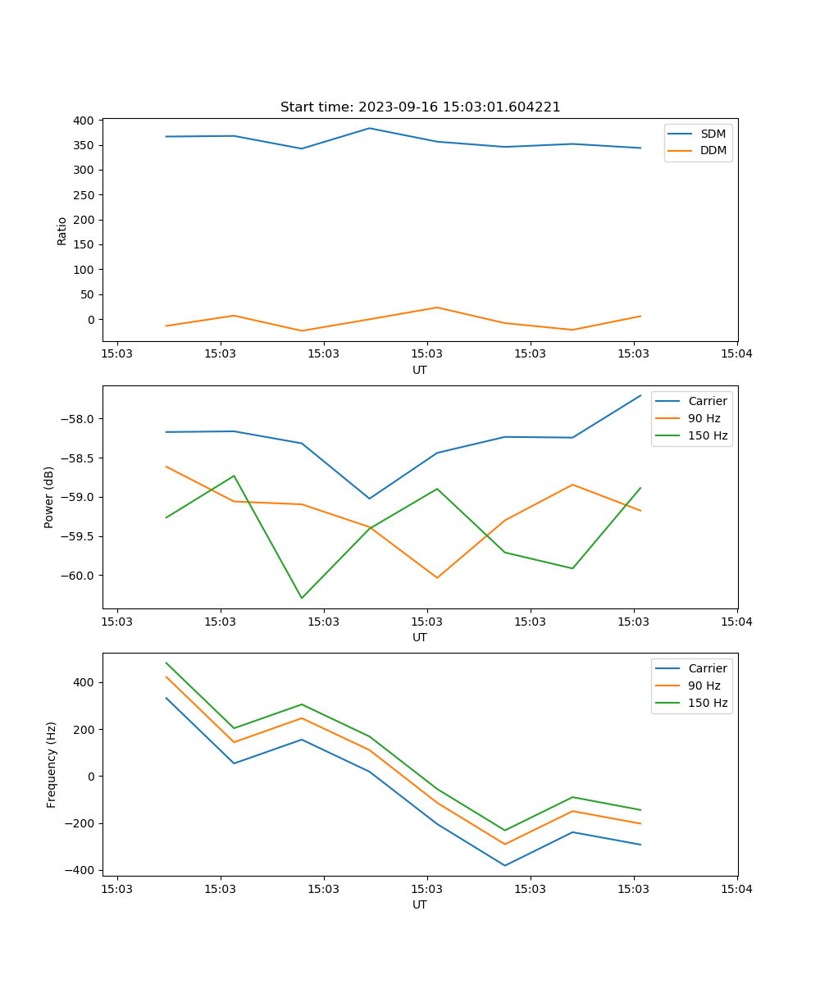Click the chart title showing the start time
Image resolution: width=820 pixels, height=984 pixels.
(420, 107)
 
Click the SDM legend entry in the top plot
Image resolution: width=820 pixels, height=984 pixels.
(713, 134)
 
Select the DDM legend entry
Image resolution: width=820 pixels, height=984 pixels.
(713, 150)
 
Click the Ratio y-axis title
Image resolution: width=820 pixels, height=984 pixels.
(62, 231)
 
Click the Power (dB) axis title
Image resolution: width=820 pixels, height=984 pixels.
(50, 497)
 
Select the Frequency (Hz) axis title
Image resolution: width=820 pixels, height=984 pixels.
(52, 764)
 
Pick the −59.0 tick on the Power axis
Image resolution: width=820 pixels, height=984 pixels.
(78, 497)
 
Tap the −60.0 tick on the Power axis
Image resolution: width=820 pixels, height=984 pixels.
(78, 576)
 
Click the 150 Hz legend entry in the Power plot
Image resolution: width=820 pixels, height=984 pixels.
(708, 435)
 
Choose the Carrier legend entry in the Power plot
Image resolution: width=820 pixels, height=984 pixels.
(708, 401)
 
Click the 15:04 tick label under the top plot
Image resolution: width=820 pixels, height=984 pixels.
(736, 354)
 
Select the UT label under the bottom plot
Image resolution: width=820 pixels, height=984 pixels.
(420, 904)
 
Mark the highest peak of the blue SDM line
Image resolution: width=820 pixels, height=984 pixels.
(369, 128)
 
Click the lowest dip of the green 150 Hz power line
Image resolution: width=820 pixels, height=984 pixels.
(302, 598)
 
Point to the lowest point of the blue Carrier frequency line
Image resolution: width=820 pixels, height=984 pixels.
(504, 865)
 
